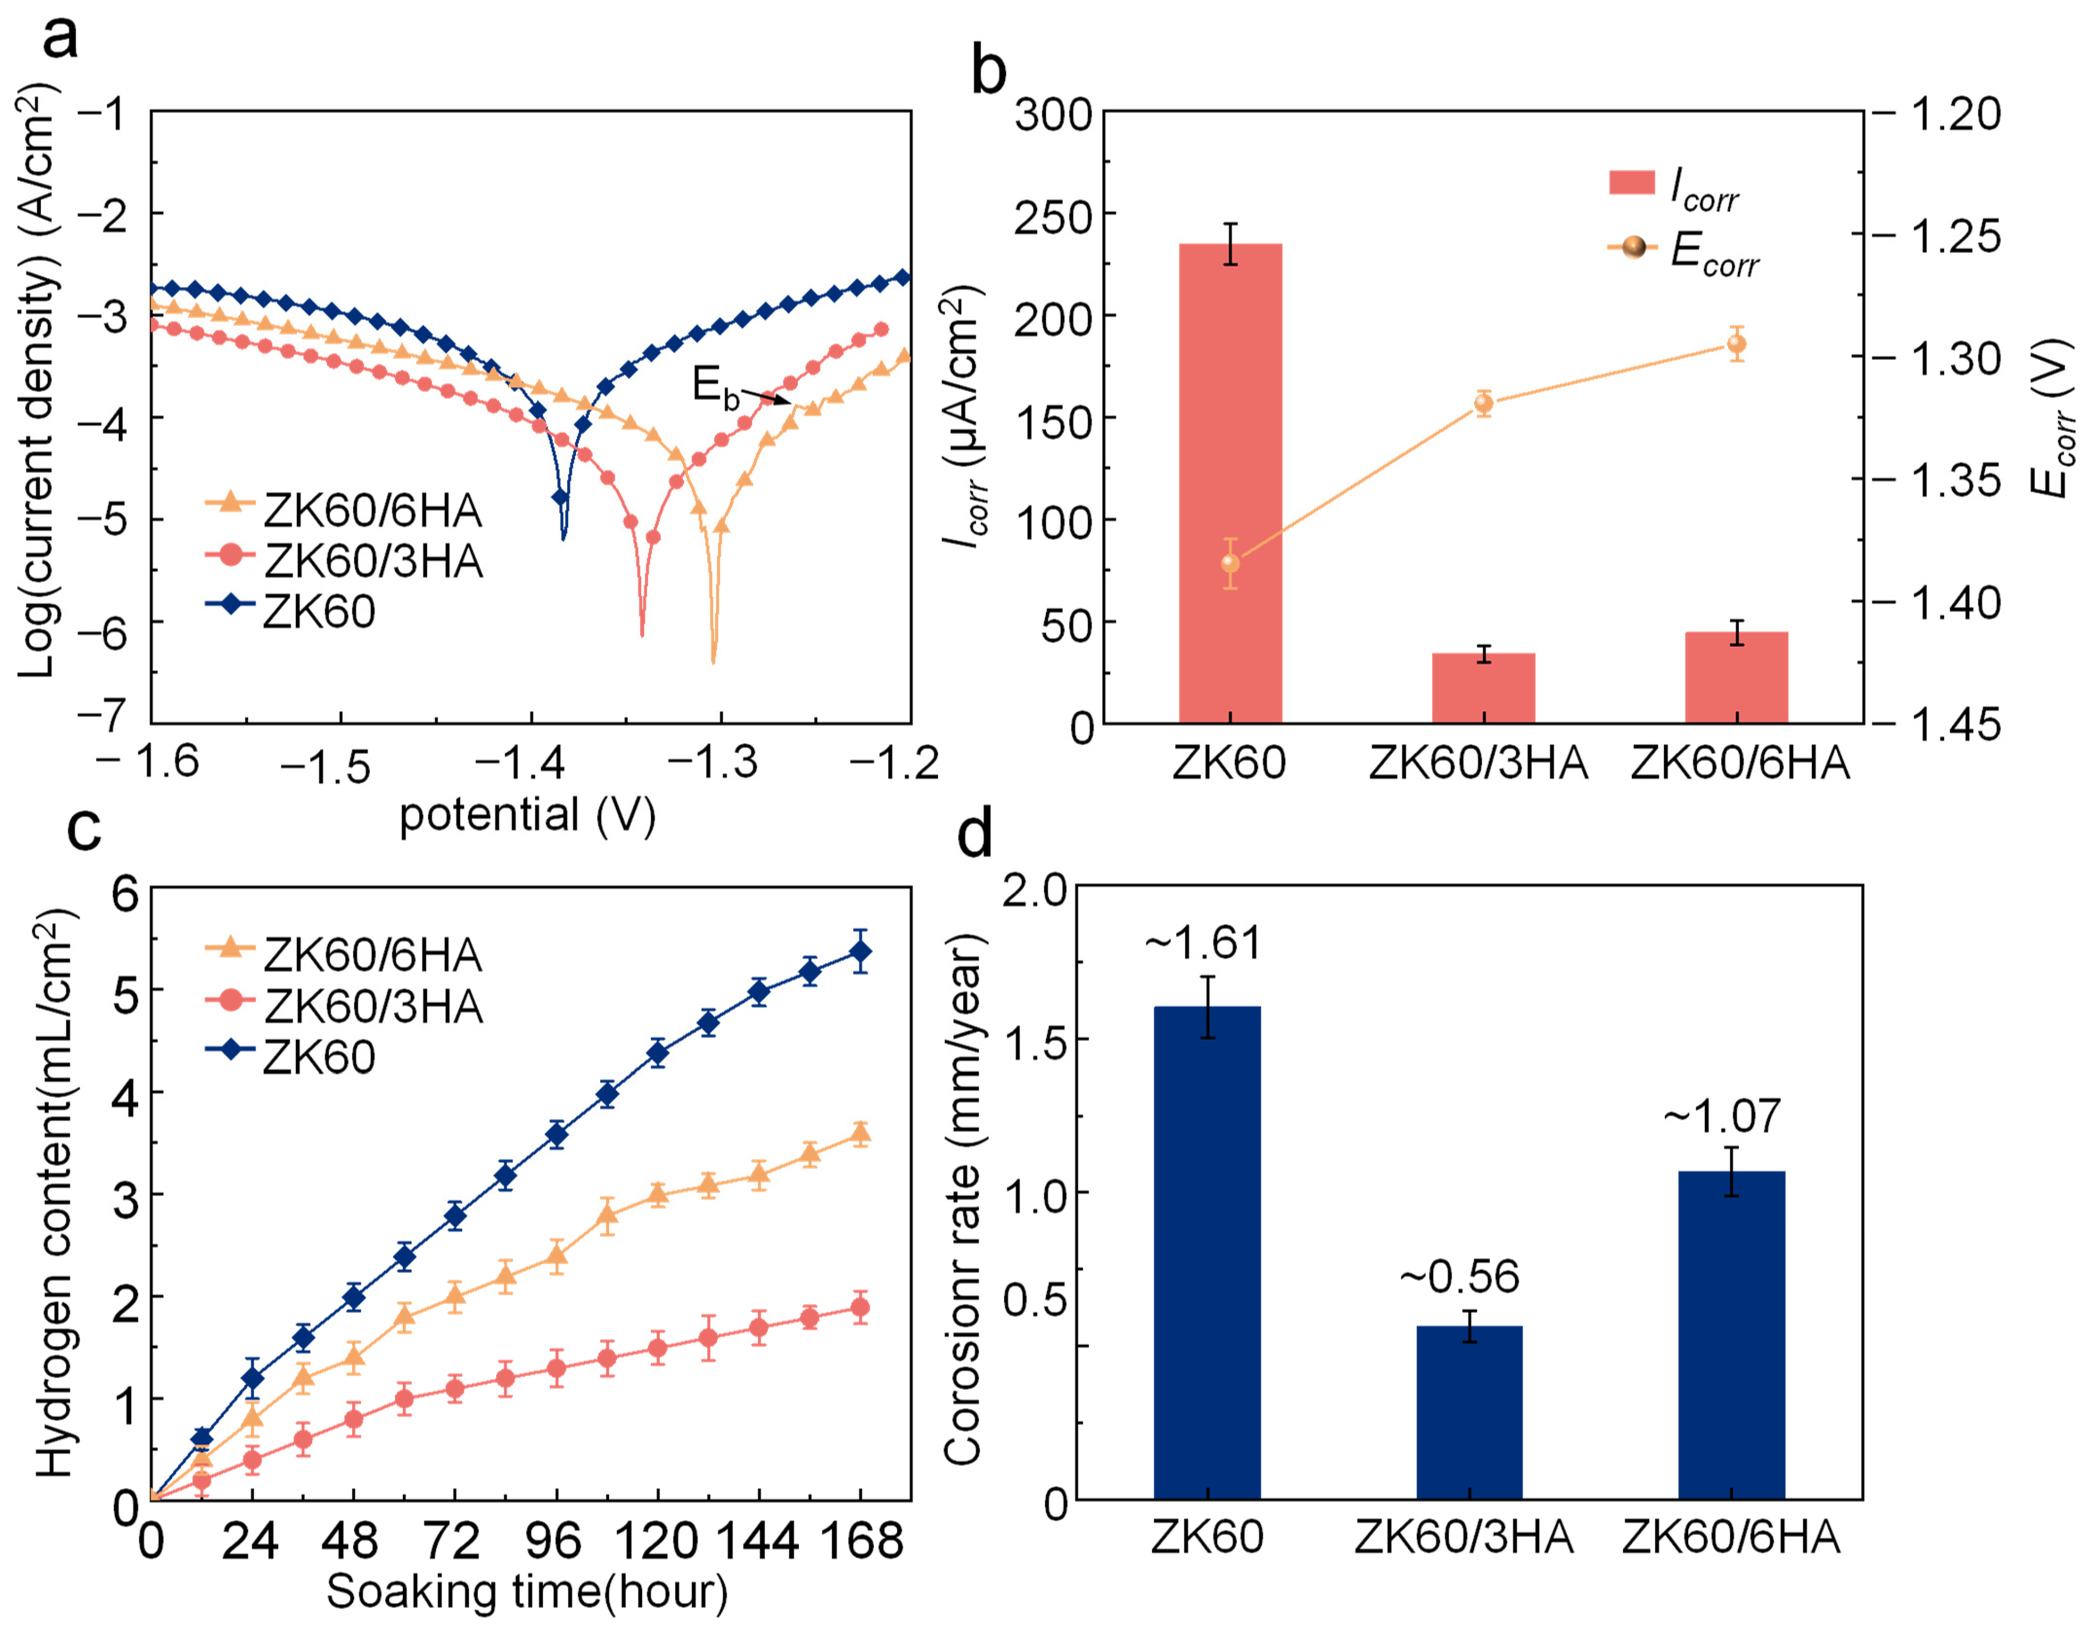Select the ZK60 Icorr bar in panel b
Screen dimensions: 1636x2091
(1230, 483)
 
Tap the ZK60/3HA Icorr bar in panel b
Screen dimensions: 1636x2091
(1483, 688)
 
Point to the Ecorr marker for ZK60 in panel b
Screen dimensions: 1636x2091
(1230, 563)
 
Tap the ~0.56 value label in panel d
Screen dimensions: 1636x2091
(1459, 1277)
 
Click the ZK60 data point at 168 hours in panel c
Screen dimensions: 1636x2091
(860, 952)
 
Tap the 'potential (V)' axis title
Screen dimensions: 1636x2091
(527, 816)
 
